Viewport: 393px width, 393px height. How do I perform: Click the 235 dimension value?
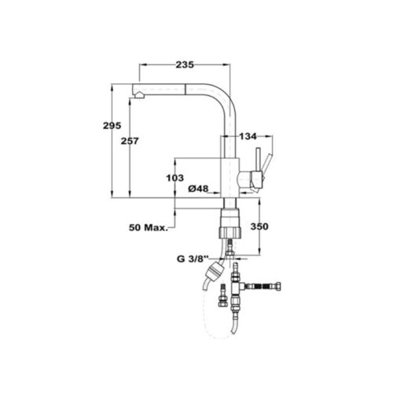pyautogui.click(x=185, y=64)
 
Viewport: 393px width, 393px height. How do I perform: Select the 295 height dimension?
pyautogui.click(x=112, y=126)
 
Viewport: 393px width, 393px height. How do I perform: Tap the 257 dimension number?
pyautogui.click(x=130, y=141)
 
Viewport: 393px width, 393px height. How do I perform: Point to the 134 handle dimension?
pyautogui.click(x=248, y=136)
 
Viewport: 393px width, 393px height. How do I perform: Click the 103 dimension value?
pyautogui.click(x=175, y=178)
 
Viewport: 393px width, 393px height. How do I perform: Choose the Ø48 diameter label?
pyautogui.click(x=198, y=189)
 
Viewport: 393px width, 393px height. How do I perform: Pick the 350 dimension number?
pyautogui.click(x=259, y=226)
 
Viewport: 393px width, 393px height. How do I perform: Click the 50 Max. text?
pyautogui.click(x=149, y=227)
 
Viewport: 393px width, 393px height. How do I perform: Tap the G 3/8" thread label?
pyautogui.click(x=193, y=259)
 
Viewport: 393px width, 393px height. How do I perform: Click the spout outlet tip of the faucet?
pyautogui.click(x=138, y=96)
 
